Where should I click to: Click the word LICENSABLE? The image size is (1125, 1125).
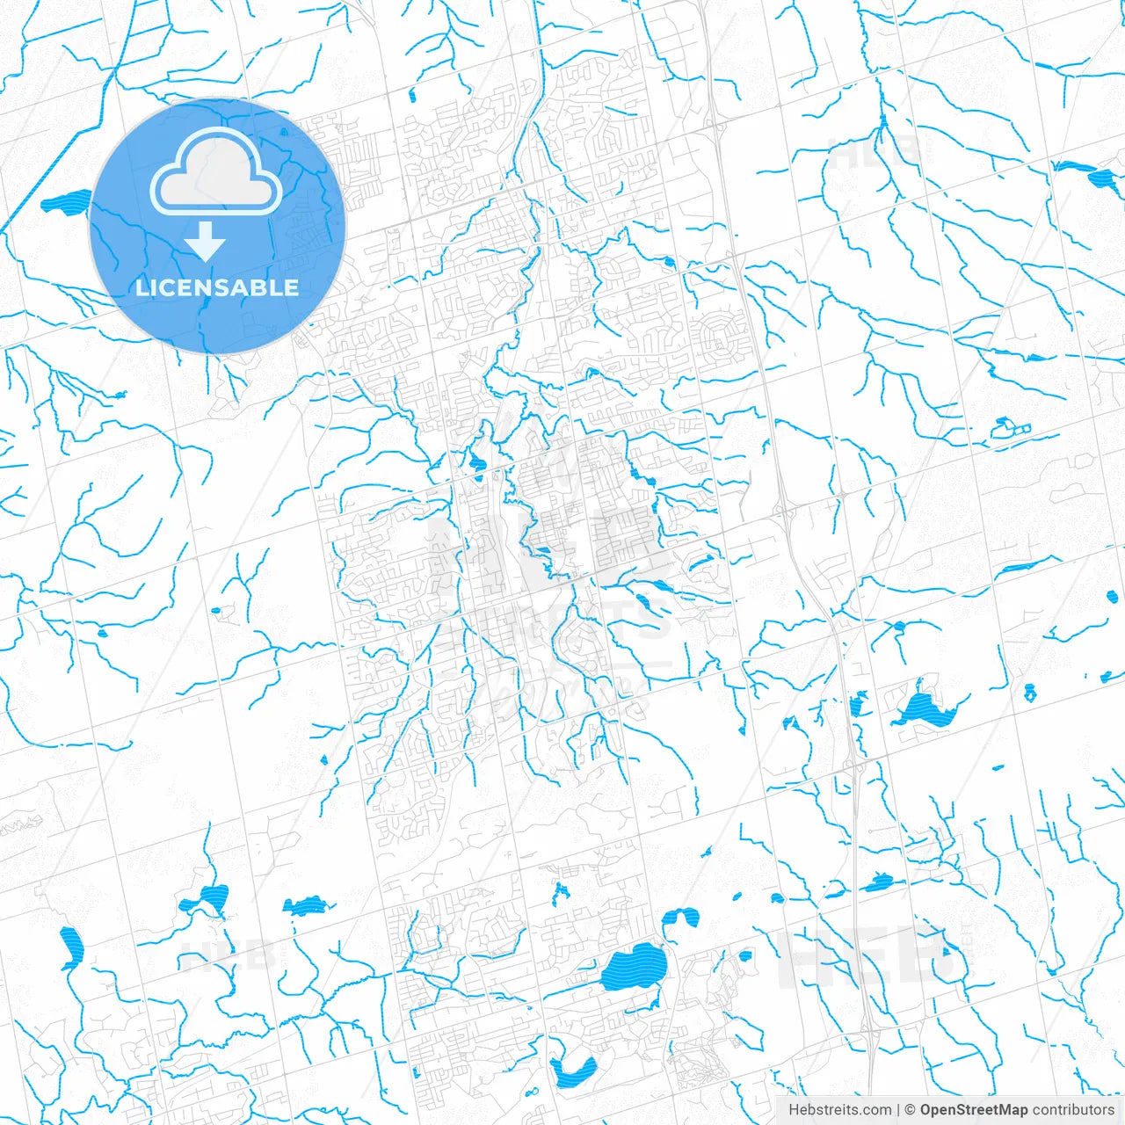click(x=217, y=287)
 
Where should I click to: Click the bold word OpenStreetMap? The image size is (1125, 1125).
click(x=973, y=1110)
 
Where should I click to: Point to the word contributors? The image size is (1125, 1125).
click(x=1073, y=1110)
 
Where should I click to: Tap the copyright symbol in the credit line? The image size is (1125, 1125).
click(x=910, y=1110)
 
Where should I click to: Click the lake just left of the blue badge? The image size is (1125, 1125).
click(x=67, y=203)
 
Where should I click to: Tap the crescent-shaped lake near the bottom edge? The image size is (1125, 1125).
click(x=572, y=1071)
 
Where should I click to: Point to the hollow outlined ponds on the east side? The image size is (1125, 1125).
click(x=1010, y=429)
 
